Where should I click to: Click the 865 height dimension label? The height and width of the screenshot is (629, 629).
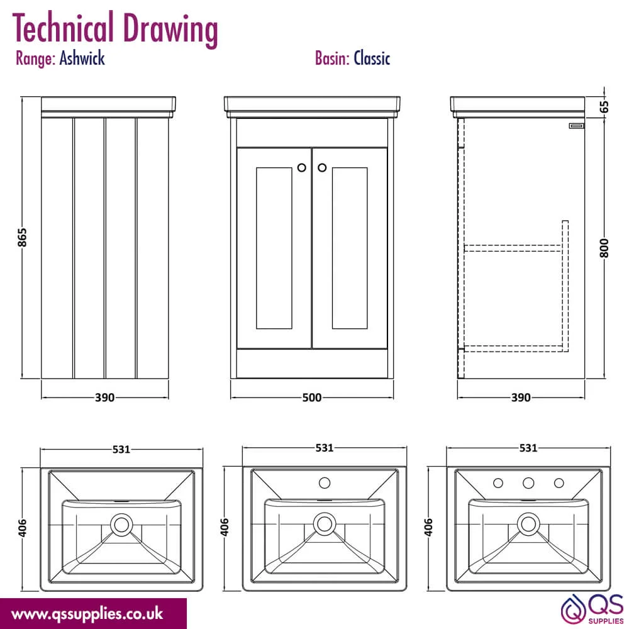(x=23, y=238)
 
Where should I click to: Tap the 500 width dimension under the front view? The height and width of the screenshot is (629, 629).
(x=312, y=398)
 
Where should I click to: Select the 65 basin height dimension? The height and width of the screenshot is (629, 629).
(x=604, y=107)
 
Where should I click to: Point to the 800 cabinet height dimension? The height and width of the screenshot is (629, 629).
(x=604, y=248)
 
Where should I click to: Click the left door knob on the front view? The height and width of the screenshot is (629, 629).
(x=302, y=168)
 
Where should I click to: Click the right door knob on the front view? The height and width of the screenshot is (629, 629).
(x=321, y=168)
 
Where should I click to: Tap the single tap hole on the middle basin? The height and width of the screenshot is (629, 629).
(x=325, y=482)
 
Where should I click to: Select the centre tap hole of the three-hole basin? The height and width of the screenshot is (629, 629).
(x=528, y=483)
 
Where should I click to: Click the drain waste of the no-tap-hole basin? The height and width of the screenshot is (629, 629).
(x=121, y=525)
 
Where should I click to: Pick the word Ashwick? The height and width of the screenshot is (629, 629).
(x=82, y=58)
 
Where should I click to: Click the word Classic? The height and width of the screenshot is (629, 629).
(x=372, y=58)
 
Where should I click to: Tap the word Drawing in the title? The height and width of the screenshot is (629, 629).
(x=170, y=29)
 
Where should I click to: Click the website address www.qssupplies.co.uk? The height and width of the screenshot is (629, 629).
(x=87, y=614)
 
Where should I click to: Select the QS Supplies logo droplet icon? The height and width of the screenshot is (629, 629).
(x=573, y=610)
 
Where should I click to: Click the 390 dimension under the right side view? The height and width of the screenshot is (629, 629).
(x=521, y=398)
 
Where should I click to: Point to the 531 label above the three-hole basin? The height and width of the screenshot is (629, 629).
(x=528, y=448)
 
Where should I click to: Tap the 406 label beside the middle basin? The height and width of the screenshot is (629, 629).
(x=225, y=527)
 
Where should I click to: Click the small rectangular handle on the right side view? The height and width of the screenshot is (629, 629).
(x=576, y=126)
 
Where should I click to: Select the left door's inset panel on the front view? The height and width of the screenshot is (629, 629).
(x=274, y=248)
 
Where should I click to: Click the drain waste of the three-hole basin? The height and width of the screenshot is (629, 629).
(x=528, y=524)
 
